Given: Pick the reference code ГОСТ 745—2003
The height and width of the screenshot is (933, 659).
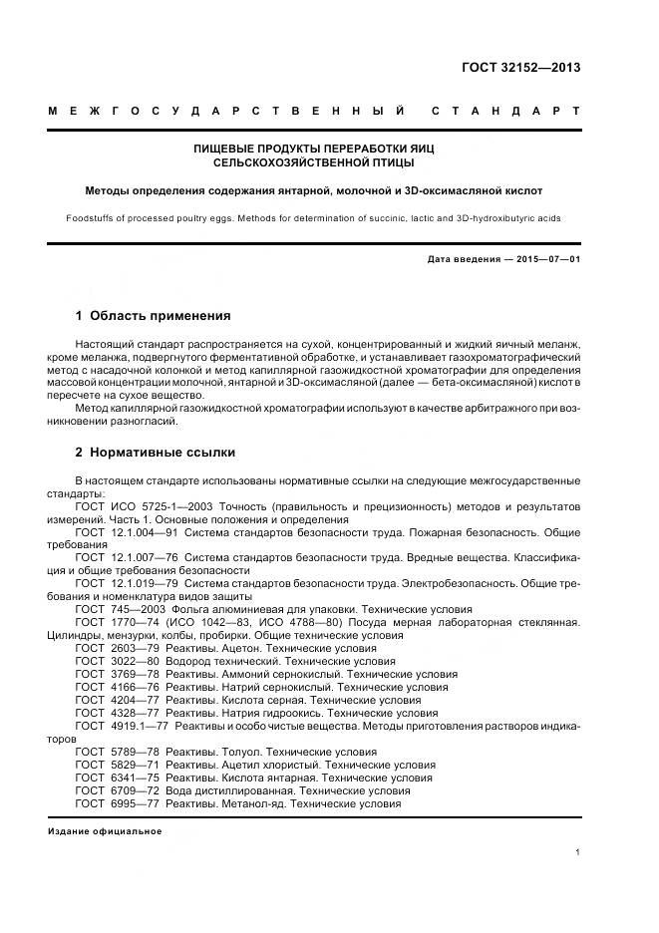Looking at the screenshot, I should tap(113, 609).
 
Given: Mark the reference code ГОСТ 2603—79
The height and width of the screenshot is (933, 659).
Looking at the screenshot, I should tap(113, 648).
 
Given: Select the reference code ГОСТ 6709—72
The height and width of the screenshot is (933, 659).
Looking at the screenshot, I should tap(113, 790).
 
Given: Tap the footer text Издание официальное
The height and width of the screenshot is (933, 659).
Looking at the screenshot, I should tap(105, 830).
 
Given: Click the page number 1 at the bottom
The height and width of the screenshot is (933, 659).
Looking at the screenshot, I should tap(578, 851).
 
